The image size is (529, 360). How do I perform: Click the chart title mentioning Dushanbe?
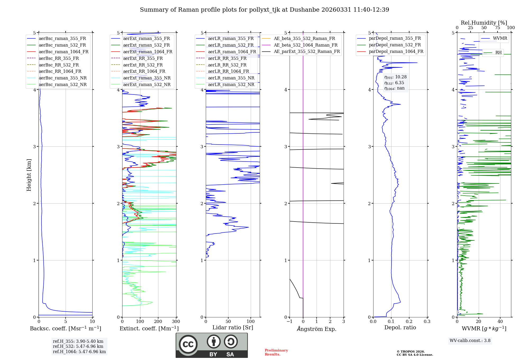[264, 10]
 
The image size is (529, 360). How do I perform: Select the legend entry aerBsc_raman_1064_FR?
[63, 52]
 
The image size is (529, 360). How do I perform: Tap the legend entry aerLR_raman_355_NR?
[231, 78]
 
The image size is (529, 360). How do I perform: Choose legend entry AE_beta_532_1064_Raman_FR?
[305, 45]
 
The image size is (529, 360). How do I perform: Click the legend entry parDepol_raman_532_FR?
[395, 45]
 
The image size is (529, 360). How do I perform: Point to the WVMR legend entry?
[500, 38]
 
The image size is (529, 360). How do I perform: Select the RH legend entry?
[498, 53]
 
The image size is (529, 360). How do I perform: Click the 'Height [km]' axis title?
[29, 175]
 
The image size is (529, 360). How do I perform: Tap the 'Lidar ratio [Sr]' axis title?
[233, 328]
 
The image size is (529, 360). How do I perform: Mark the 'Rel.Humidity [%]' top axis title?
[484, 23]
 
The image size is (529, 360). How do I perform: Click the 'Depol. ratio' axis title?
[400, 328]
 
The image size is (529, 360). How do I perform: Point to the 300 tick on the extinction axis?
[176, 322]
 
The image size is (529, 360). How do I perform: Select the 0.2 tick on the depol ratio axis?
[409, 322]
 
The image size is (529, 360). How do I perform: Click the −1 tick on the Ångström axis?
[290, 322]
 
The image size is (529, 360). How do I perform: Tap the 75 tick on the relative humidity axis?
[498, 28]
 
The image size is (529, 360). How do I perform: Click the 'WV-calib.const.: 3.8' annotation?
[470, 341]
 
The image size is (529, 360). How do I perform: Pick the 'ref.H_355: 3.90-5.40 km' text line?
[78, 341]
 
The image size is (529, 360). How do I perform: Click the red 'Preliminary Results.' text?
[276, 352]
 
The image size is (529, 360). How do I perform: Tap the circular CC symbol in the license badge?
[188, 344]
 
